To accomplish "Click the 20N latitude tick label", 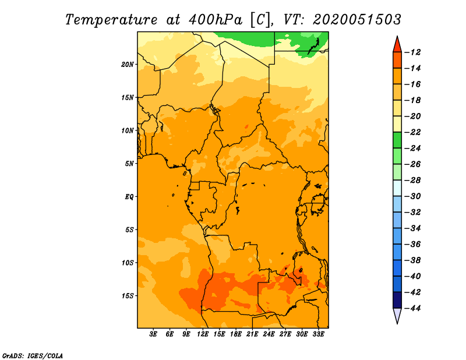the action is (x=128, y=65).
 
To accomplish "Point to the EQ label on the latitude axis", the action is (x=129, y=197).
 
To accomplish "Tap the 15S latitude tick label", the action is (x=128, y=296).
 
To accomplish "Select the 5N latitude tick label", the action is (x=129, y=164).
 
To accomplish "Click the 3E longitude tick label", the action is (x=153, y=334).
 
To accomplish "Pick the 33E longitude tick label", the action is (x=318, y=334).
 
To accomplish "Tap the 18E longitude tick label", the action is (x=236, y=334).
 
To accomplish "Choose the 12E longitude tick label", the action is (x=203, y=334).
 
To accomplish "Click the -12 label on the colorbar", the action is (x=412, y=52).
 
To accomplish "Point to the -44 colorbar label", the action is (x=412, y=308).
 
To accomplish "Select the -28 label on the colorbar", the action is (x=412, y=181).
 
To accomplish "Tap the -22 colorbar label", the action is (x=412, y=132).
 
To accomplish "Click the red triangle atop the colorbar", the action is (x=397, y=45).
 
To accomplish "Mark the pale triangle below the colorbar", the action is (x=397, y=315).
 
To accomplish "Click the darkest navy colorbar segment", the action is (x=397, y=300).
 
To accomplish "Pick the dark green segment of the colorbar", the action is (x=397, y=140).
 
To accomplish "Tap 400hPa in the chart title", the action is (x=216, y=20).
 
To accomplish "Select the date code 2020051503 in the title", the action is (x=357, y=20).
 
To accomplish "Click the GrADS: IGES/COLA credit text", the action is (x=33, y=356).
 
